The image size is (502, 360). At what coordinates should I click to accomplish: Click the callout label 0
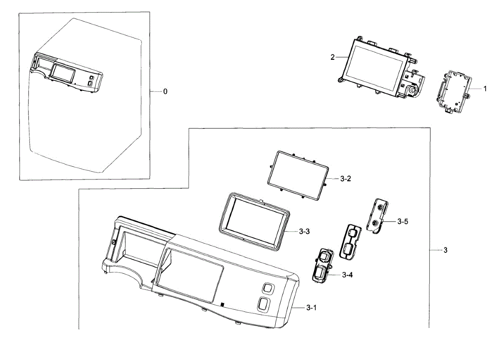165,91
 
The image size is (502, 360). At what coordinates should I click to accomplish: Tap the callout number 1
485,89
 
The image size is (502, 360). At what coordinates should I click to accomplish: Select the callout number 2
333,57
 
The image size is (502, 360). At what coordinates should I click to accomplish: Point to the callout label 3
446,250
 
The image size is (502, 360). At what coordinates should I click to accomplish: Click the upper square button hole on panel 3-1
267,288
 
